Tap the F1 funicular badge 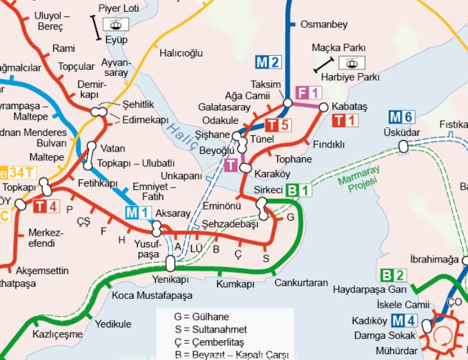tap(308, 92)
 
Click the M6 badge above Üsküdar tap(401, 117)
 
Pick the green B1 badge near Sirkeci tap(300, 190)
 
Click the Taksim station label tap(266, 84)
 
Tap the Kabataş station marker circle tap(323, 107)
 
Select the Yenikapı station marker tap(170, 264)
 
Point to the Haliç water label tap(181, 136)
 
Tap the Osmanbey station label tap(323, 24)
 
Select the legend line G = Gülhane tap(201, 317)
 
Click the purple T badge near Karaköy tap(231, 165)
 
